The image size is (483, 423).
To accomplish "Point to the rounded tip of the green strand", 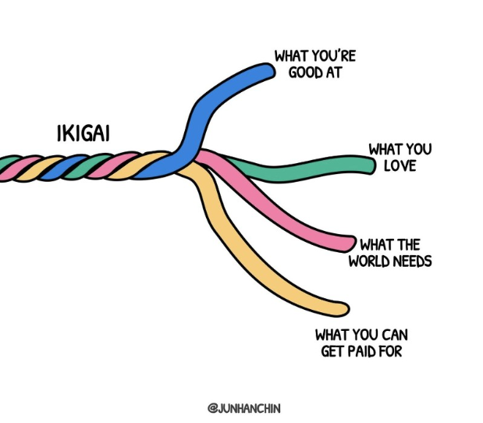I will (368, 165).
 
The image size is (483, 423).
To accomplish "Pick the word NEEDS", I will (414, 261).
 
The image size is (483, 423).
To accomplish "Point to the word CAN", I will (394, 335).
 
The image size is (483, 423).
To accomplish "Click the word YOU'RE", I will (322, 56).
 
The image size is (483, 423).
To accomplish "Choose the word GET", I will (335, 352).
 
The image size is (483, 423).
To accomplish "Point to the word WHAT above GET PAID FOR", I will (332, 335).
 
